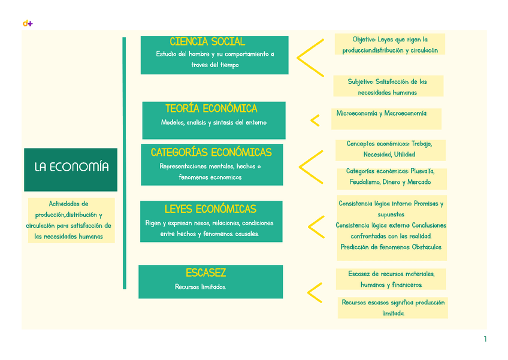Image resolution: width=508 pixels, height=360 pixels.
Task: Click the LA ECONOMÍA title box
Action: point(71,167)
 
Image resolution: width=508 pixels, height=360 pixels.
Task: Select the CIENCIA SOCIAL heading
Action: point(207,41)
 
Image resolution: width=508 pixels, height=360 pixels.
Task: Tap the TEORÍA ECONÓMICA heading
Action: point(211,108)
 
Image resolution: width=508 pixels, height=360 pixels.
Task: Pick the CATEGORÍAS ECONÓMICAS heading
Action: point(211,152)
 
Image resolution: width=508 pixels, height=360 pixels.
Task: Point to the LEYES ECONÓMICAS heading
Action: point(210,209)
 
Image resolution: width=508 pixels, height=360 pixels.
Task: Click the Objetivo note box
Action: point(390,45)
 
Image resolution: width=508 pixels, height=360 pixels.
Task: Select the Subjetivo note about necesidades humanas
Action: point(388,87)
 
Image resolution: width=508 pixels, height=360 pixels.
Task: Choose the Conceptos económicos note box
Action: point(389,149)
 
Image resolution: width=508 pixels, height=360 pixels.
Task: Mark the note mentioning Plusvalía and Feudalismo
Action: point(390,177)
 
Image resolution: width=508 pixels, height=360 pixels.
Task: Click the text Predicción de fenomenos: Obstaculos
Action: point(391,247)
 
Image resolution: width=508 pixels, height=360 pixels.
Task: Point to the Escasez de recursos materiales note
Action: point(391,279)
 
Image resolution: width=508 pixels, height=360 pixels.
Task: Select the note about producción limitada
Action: point(393,308)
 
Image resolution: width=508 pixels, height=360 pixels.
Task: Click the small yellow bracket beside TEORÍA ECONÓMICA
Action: point(315,121)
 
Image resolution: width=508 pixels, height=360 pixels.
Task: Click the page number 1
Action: point(485,340)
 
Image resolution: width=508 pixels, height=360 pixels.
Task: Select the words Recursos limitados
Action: point(200,287)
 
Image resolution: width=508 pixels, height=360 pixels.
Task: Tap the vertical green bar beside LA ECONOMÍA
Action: point(125,163)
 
